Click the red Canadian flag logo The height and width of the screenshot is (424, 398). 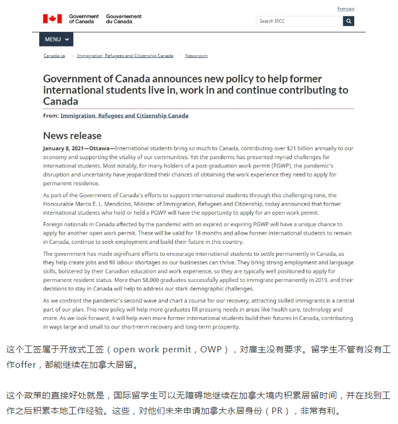point(52,19)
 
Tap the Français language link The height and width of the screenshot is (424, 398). point(345,9)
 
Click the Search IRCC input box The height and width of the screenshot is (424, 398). point(299,21)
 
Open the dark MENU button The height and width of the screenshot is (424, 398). point(56,39)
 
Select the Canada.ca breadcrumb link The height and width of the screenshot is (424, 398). point(55,56)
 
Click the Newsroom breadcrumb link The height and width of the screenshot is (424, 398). point(196,56)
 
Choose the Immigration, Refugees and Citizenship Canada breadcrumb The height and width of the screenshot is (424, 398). point(125,56)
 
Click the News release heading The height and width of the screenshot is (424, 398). point(72,135)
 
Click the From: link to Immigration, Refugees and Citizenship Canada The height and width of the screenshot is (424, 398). point(124,115)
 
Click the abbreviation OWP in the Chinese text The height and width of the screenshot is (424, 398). point(211,349)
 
